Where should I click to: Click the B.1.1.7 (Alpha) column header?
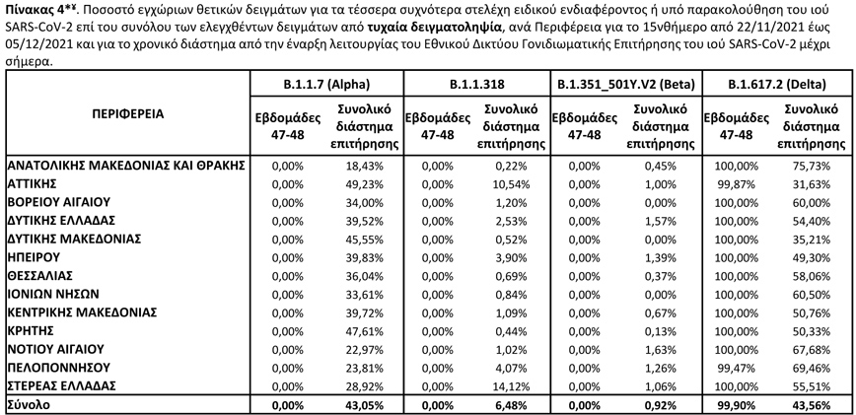click(x=326, y=85)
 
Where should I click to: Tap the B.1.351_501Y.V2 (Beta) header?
click(x=625, y=85)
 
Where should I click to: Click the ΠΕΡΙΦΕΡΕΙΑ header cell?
click(x=128, y=113)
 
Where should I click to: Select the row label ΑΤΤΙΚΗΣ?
click(x=36, y=183)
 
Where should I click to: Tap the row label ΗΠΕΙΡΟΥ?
click(x=36, y=255)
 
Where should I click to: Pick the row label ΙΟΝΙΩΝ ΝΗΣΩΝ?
click(x=53, y=292)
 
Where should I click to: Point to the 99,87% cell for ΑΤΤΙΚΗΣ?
click(x=733, y=183)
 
